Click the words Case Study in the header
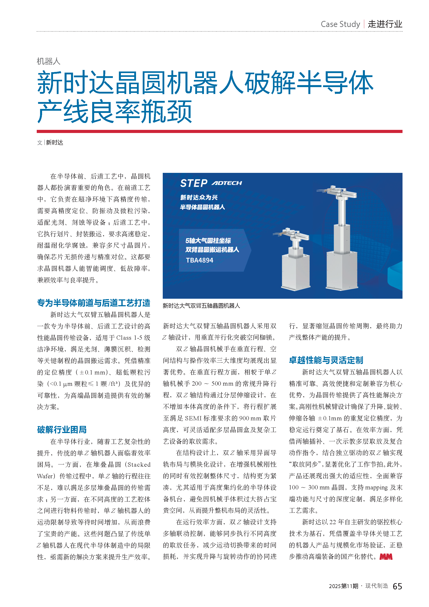point(340,24)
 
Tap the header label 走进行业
point(385,24)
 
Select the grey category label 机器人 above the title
point(49,61)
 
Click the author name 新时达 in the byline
point(55,143)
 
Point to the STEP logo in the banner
point(194,183)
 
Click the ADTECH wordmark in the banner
point(227,183)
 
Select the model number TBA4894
point(199,260)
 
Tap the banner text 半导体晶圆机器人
point(202,207)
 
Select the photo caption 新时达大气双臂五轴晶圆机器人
point(201,306)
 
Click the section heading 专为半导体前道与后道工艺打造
point(94,303)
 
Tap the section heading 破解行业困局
point(62,430)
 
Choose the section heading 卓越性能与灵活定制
point(326,360)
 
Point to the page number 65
point(397,586)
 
